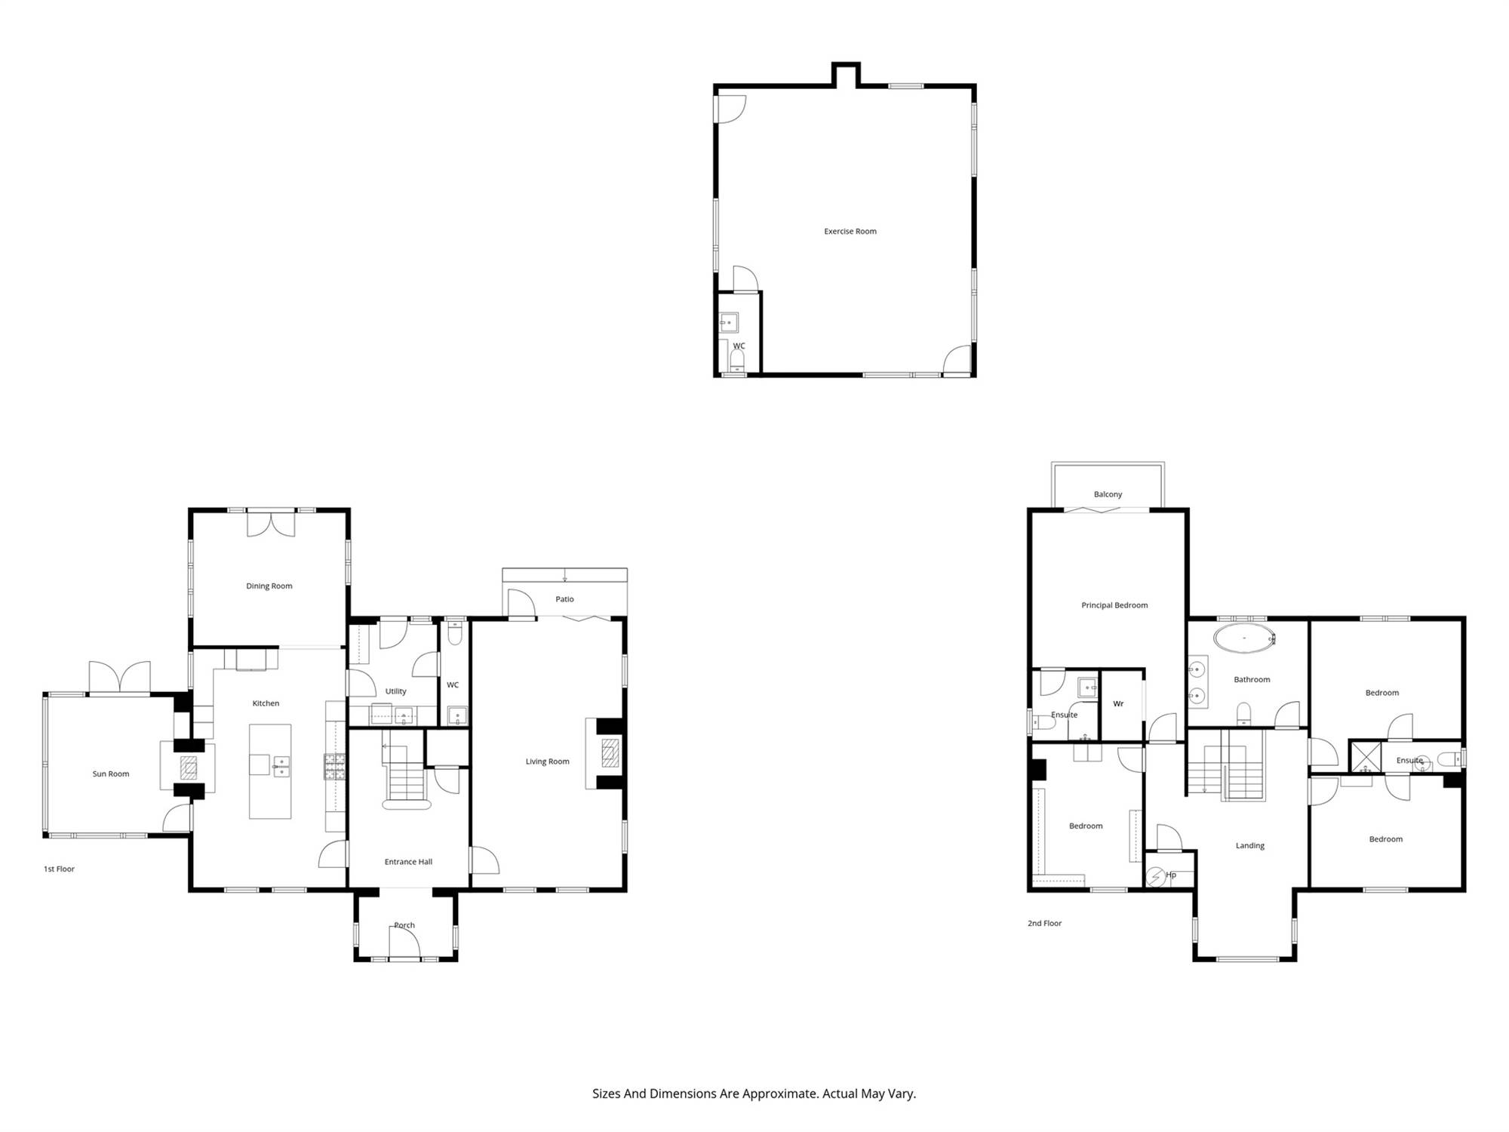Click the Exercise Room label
point(850,232)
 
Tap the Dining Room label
point(269,586)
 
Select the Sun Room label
point(111,774)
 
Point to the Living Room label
point(548,762)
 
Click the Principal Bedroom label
point(1114,605)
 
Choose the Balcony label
point(1108,495)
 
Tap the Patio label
point(565,599)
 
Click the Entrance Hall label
point(408,862)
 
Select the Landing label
point(1250,846)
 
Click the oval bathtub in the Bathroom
point(1244,639)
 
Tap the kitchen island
point(270,771)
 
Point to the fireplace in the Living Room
point(610,753)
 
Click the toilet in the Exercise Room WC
point(737,360)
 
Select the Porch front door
point(404,943)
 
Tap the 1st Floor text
point(59,869)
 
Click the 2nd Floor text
point(1044,924)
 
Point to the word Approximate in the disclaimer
point(781,1094)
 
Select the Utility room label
point(396,691)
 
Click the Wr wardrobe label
point(1118,704)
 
